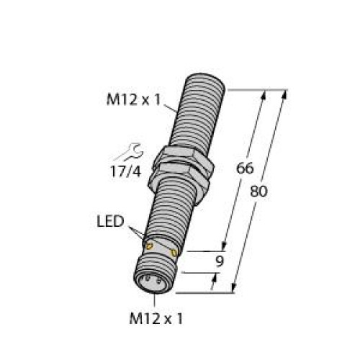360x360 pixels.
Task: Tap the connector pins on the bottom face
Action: coord(153,277)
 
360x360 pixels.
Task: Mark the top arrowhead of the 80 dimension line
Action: coord(284,94)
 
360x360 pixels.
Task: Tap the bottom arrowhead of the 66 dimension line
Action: coord(225,245)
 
